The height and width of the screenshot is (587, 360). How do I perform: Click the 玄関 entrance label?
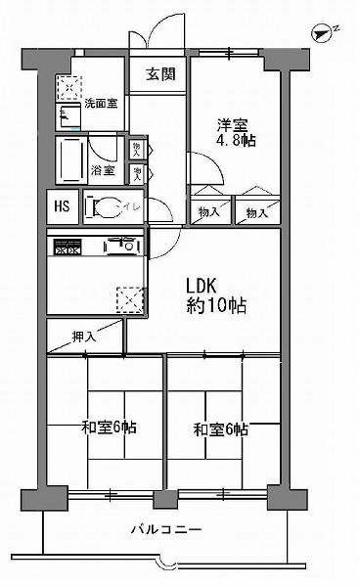point(159,76)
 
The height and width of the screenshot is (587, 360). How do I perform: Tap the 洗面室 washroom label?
point(100,103)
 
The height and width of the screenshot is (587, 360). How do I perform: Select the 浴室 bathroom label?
point(102,170)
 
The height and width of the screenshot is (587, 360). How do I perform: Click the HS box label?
point(61,206)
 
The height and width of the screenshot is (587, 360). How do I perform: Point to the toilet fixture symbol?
point(95,206)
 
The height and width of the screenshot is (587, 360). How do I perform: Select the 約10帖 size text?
point(216,305)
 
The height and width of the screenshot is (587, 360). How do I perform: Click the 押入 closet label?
point(84,337)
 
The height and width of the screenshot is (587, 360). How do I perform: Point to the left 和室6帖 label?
point(109,428)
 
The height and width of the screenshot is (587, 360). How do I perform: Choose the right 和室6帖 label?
point(220,429)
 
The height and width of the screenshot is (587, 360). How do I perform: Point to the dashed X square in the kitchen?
point(128,296)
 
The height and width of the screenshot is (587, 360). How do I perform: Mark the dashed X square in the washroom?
point(69,90)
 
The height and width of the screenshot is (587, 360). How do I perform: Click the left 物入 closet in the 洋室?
point(206,206)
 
